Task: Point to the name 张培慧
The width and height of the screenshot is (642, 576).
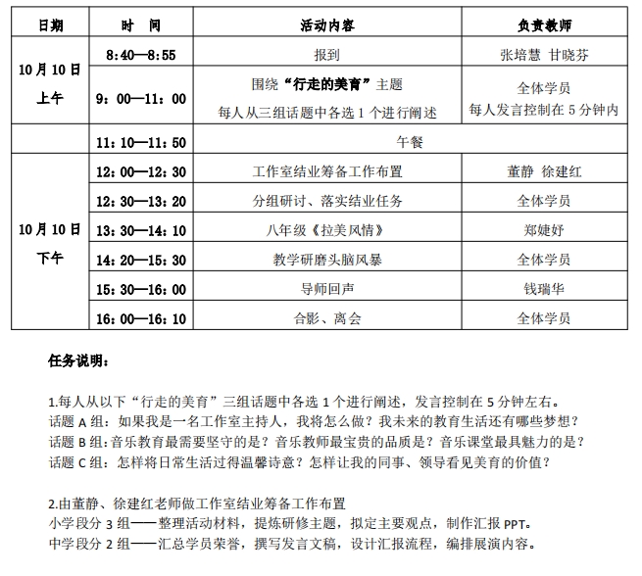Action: [x=519, y=54]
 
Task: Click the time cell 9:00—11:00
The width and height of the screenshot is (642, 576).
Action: [x=141, y=99]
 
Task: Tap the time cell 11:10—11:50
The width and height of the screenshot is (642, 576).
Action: [x=141, y=142]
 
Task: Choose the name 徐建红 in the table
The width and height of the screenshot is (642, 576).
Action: [x=563, y=172]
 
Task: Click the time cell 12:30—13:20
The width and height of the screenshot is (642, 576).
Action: [x=141, y=201]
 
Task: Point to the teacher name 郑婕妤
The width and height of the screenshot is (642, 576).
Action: [x=544, y=230]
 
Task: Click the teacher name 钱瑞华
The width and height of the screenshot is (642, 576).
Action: [x=544, y=289]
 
